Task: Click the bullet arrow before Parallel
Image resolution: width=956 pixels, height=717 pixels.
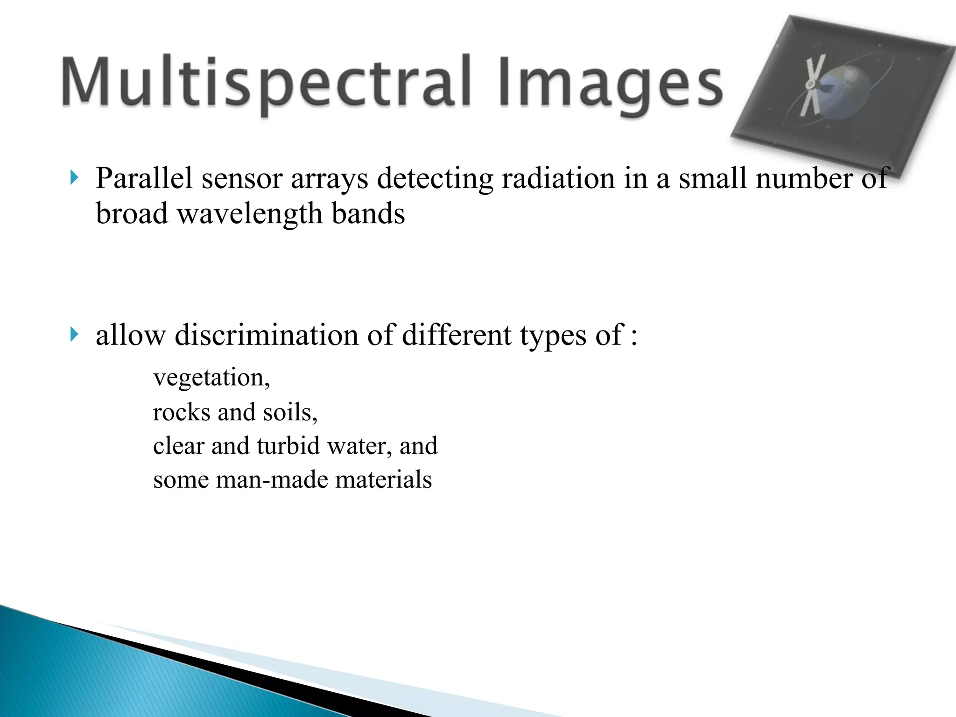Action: tap(74, 178)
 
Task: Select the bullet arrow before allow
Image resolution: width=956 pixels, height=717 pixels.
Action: tap(74, 334)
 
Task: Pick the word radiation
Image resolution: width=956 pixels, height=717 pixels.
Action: tap(558, 178)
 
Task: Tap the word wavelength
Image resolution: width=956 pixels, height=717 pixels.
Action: tap(250, 214)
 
